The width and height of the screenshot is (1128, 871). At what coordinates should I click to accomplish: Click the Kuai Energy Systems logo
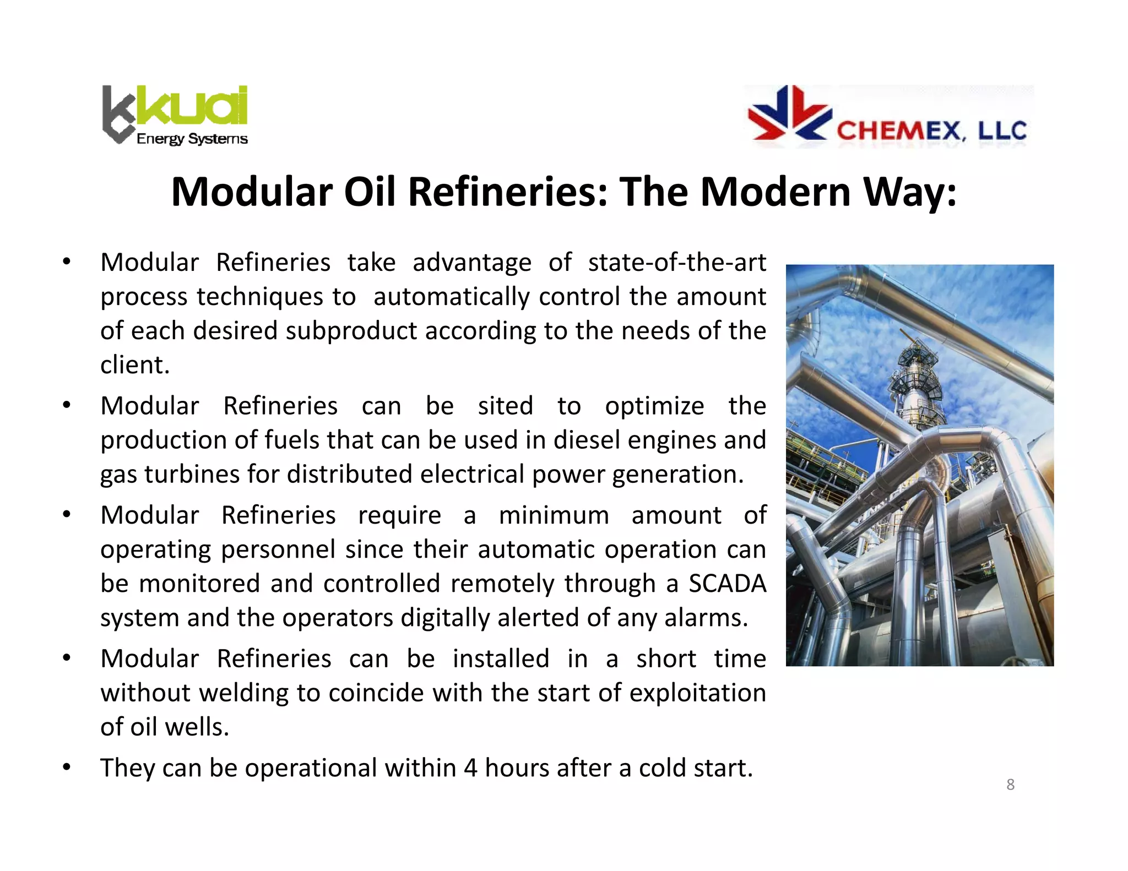175,115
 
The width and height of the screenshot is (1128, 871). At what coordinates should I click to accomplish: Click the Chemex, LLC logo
888,117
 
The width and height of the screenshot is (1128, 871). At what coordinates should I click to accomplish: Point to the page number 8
1010,785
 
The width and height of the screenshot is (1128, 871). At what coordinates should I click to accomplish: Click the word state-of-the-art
677,263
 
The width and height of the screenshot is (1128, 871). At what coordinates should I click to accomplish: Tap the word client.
134,365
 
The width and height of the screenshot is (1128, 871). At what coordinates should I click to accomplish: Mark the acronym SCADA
727,584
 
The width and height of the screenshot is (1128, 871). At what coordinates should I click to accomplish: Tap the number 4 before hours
470,768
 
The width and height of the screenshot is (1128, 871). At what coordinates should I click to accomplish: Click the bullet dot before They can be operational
66,767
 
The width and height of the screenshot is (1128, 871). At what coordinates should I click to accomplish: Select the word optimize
654,406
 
